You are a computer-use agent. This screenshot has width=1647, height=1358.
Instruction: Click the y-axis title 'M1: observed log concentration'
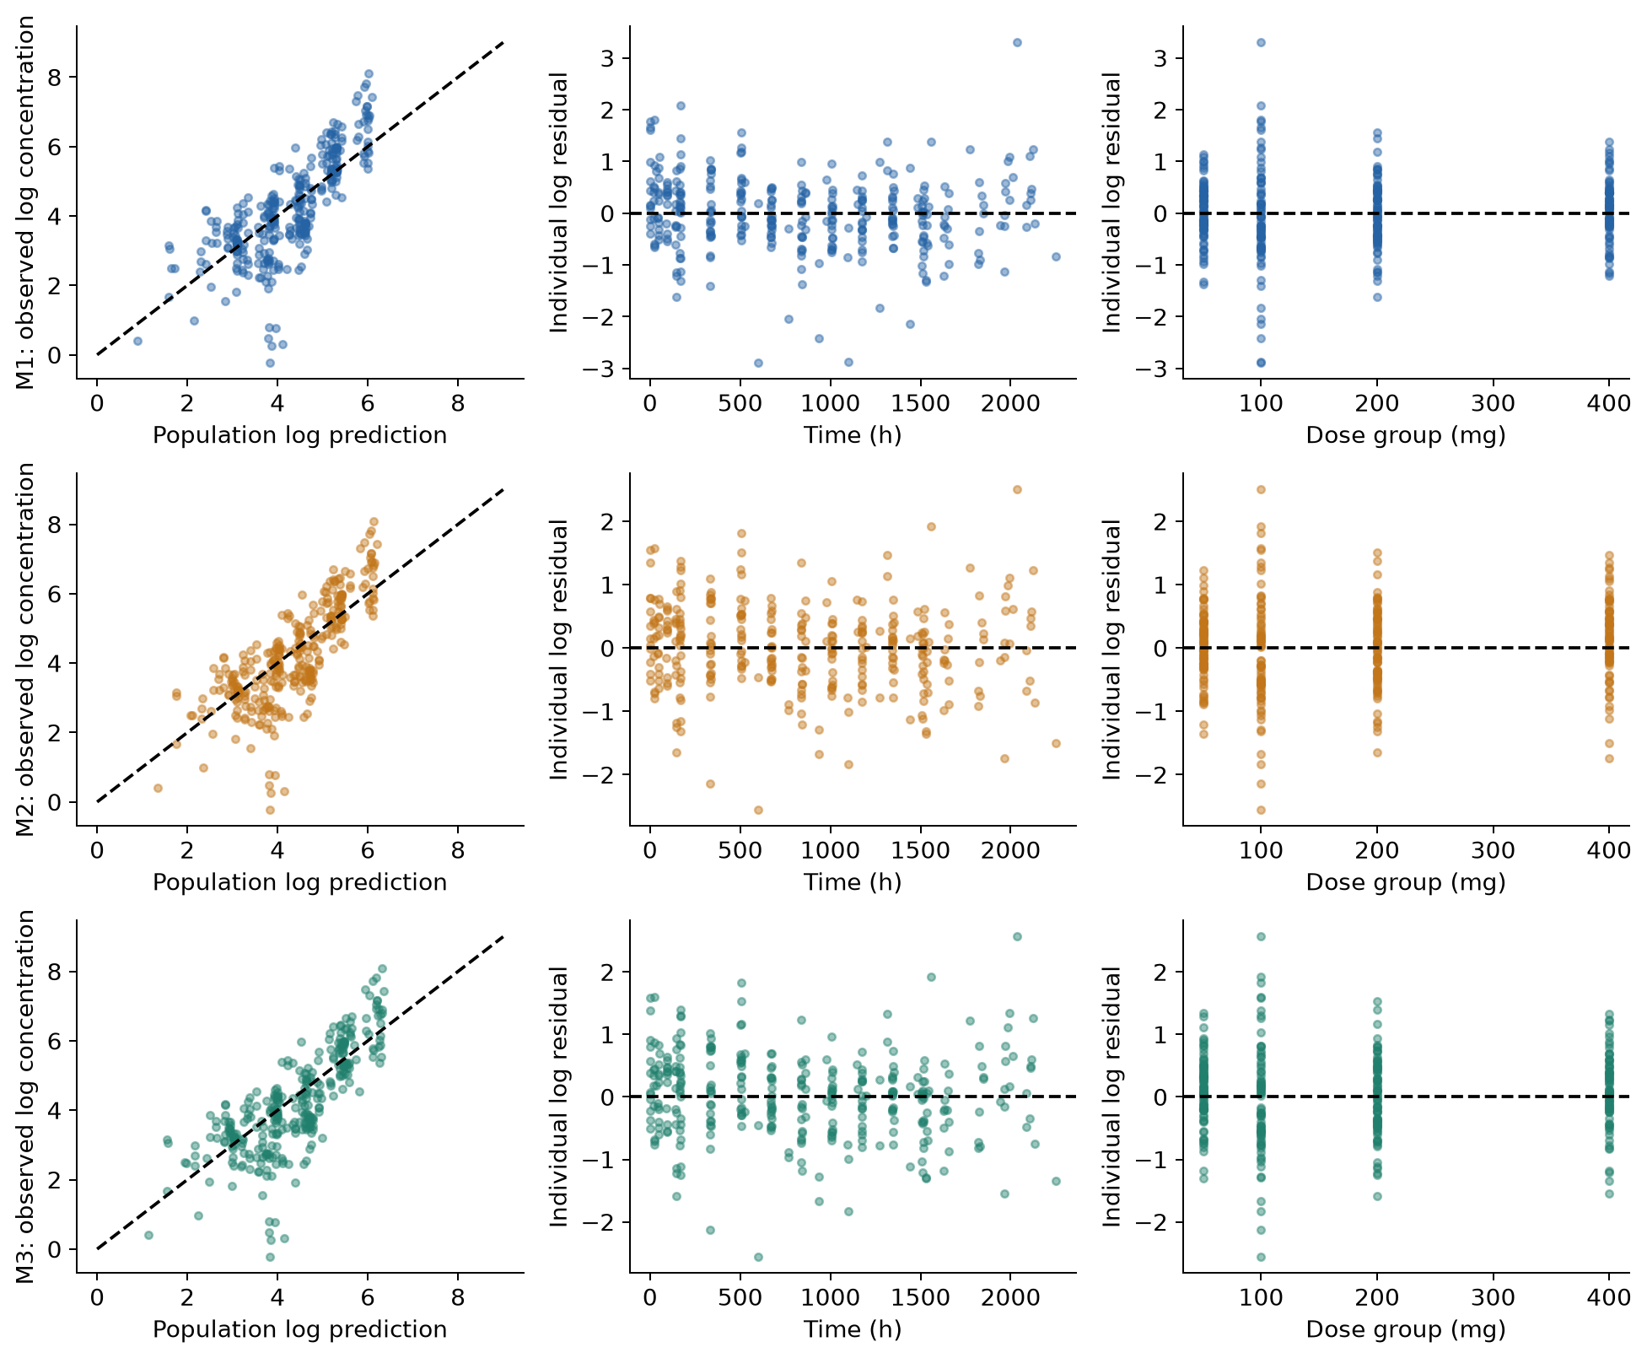26,202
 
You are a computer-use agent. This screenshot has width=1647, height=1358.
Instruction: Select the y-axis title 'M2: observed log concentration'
26,649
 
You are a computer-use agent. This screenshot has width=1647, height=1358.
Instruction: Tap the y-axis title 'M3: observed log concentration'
26,1097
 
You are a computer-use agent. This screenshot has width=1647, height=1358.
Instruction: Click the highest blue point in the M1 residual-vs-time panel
1017,42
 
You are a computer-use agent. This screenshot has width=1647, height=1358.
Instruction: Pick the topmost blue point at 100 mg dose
1261,42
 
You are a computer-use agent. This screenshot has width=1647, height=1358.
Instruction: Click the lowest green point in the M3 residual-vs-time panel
758,1257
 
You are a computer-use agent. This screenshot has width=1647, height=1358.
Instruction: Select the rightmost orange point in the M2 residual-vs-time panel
1056,743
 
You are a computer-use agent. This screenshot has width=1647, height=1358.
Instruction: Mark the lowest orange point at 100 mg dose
1261,810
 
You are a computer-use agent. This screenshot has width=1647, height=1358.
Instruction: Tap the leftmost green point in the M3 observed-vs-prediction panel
148,1235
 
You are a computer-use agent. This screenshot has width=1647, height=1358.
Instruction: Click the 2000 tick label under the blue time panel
1010,402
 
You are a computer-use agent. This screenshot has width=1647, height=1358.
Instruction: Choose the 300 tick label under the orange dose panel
1493,849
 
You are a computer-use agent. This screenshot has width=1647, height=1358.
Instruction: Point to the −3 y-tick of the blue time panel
606,369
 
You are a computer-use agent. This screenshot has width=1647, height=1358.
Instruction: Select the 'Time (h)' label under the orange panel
853,882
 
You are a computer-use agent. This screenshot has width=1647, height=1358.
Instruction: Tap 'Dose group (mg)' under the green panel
1406,1329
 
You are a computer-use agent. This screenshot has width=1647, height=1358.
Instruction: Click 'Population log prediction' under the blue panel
299,435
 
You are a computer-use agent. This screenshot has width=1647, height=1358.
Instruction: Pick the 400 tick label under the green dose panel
1609,1296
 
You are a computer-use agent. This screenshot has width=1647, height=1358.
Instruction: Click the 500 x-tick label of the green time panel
740,1296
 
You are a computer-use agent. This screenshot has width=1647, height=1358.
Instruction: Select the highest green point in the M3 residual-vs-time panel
1017,936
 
